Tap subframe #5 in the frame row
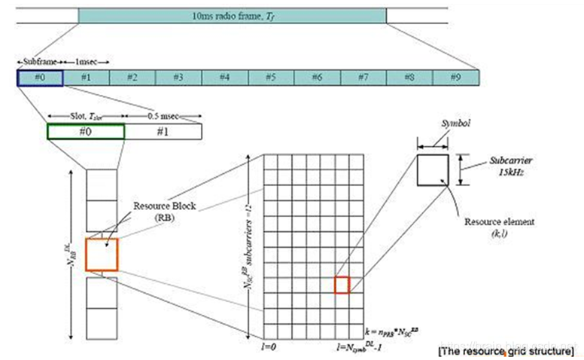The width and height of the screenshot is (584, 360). click(271, 77)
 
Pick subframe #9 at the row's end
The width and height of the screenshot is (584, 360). click(455, 77)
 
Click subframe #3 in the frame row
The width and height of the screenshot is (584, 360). click(178, 77)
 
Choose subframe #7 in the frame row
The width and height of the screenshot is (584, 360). click(363, 77)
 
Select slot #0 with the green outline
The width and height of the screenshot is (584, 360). click(85, 131)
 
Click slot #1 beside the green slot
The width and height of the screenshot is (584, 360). click(163, 131)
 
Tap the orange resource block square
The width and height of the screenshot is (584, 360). click(102, 255)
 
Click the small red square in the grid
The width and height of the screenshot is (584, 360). click(342, 285)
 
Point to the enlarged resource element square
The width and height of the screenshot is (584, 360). click(433, 169)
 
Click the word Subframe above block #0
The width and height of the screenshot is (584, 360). click(38, 59)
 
